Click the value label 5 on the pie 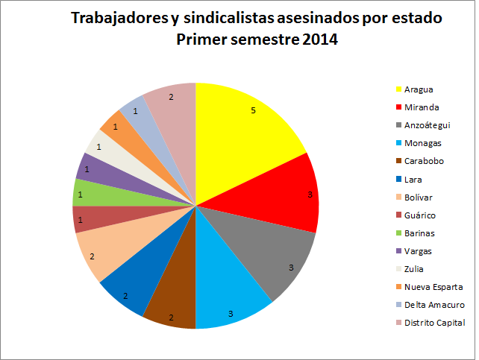(253, 110)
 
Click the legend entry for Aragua (417, 89)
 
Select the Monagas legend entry (422, 143)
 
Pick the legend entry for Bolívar (419, 197)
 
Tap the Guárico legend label (420, 215)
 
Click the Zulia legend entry (414, 268)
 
